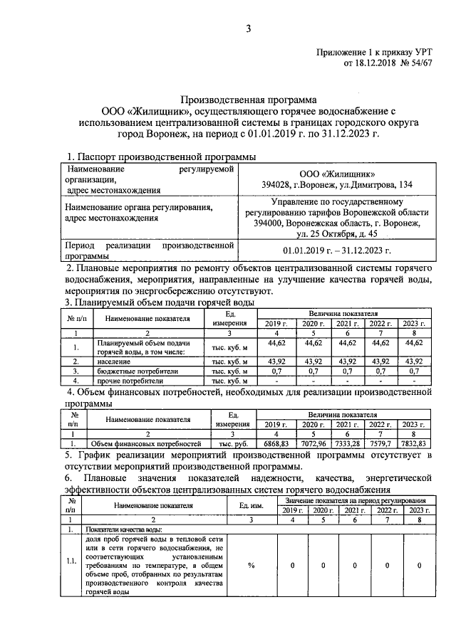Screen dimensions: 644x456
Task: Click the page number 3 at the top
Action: coord(249,28)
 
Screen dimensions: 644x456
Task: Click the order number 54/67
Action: coord(418,63)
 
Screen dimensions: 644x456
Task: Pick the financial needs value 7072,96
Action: coord(313,443)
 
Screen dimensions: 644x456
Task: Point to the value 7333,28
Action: coord(347,443)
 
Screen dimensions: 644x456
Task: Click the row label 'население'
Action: coord(115,361)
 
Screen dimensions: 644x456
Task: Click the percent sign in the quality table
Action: coord(251,565)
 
